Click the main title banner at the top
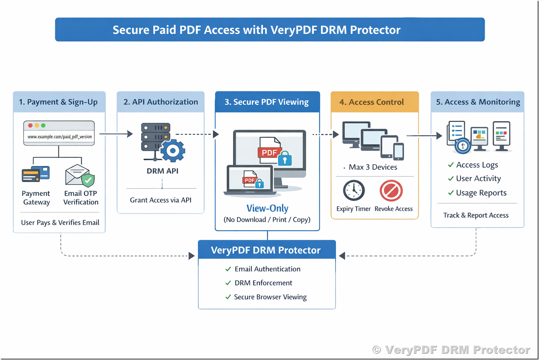269,30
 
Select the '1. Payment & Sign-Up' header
58,102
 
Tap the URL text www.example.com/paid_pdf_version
59,137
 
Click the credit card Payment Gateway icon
35,174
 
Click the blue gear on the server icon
173,151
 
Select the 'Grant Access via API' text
161,200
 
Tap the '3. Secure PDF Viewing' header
267,102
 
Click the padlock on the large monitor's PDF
285,159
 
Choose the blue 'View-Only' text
267,208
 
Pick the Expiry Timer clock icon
354,191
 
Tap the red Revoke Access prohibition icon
391,191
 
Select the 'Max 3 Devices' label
373,167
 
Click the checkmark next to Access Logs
451,165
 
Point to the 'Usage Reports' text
481,193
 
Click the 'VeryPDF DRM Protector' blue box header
266,250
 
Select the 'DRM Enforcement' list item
263,283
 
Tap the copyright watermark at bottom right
451,349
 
